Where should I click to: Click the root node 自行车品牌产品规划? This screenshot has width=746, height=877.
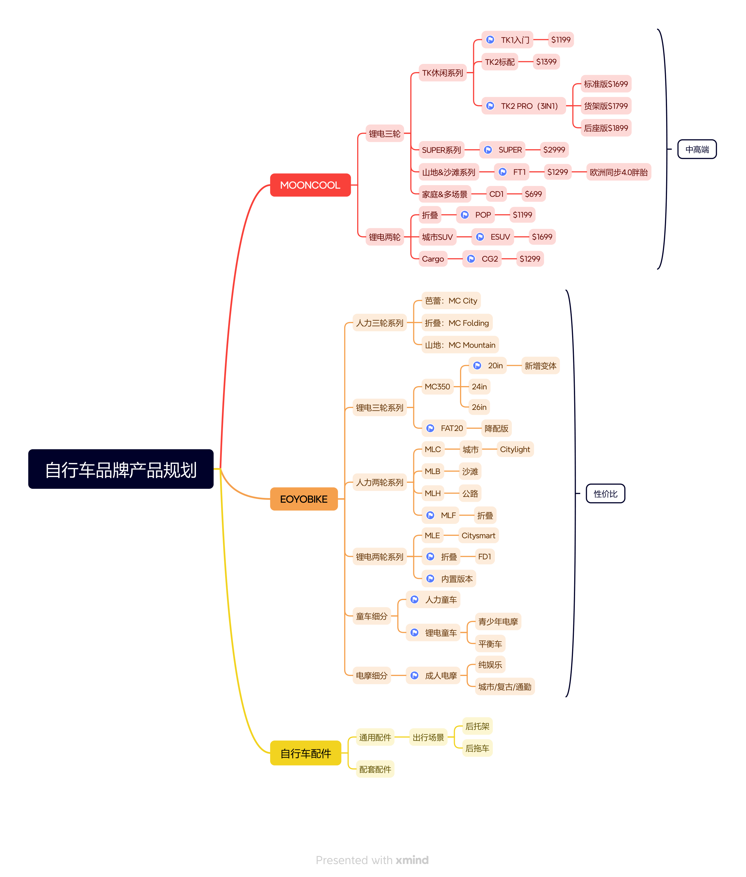click(121, 469)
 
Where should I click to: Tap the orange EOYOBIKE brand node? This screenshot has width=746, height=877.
click(304, 499)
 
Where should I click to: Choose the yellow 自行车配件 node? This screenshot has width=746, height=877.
click(305, 753)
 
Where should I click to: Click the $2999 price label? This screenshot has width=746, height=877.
click(554, 150)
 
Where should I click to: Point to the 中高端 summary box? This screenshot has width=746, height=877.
click(697, 149)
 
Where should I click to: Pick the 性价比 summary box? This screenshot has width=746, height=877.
click(605, 493)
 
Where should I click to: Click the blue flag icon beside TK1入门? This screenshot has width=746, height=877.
click(490, 40)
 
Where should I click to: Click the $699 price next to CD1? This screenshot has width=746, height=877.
click(533, 194)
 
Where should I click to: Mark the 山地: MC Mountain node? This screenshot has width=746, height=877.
click(460, 345)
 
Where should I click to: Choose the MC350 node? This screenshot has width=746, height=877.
click(437, 386)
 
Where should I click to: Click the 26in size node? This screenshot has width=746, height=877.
click(479, 407)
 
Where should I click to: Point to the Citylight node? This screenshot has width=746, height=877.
click(515, 449)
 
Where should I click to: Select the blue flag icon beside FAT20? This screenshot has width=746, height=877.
click(430, 428)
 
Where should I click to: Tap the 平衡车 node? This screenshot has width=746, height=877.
click(490, 643)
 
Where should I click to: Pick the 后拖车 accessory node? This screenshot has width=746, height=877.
click(477, 748)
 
